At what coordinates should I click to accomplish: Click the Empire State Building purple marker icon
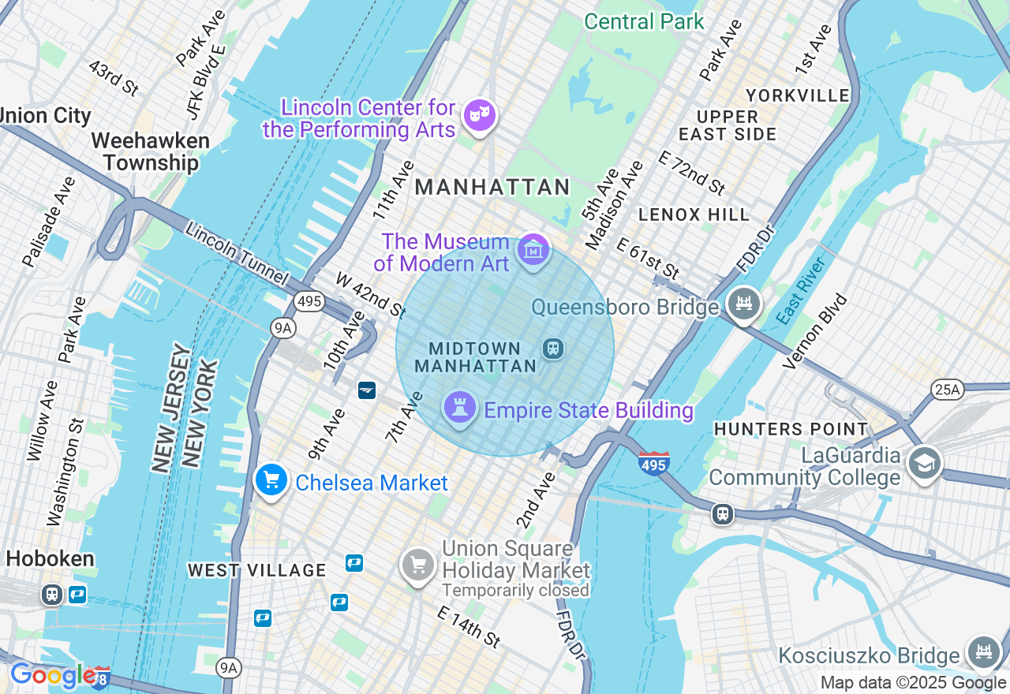(458, 409)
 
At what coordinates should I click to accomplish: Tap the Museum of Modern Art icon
(533, 251)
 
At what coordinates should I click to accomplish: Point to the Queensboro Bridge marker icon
(743, 304)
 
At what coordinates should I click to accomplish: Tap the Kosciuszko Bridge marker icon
(983, 652)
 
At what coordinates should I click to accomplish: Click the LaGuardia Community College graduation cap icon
(924, 463)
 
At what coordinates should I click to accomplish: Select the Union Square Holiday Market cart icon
(418, 565)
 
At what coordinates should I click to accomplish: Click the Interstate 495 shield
(654, 464)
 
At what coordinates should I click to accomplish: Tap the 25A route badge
(947, 389)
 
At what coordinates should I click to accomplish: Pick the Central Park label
(644, 21)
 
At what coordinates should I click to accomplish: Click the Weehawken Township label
(151, 152)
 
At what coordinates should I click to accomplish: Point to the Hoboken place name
(50, 559)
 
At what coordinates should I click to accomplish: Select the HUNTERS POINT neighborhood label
(791, 429)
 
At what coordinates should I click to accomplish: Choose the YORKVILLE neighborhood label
(797, 95)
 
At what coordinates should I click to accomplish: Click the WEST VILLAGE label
(256, 570)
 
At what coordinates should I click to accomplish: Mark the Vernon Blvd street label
(814, 331)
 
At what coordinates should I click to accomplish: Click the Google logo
(52, 675)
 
